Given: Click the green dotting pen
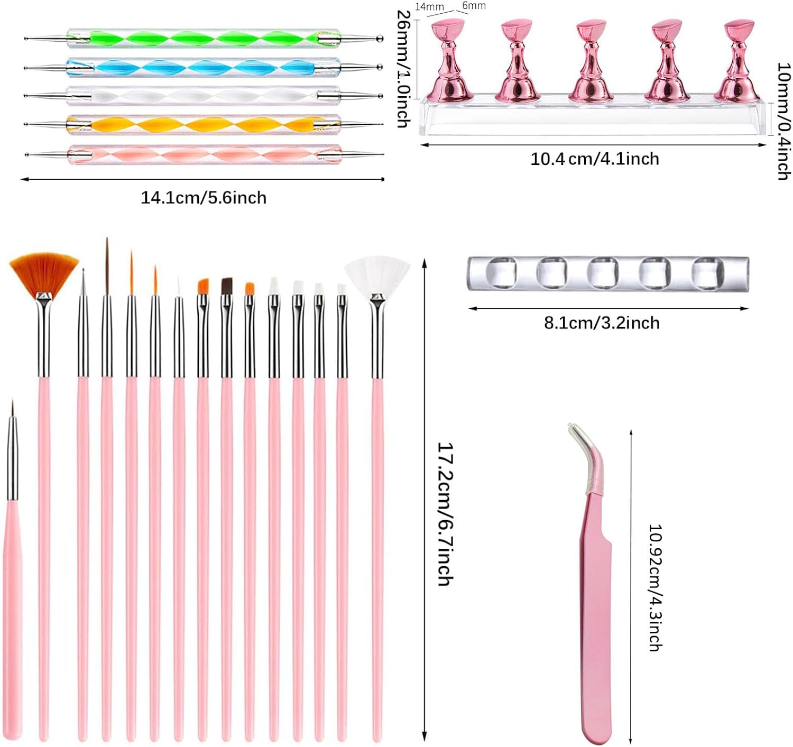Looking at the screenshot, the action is (x=204, y=39).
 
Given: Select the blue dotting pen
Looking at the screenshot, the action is (x=204, y=67).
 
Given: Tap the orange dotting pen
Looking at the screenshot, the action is (x=204, y=125).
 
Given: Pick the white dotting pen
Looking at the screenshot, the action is (x=204, y=96).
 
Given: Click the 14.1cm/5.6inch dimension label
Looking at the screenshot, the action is (x=204, y=198).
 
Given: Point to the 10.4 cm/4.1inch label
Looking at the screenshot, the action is (x=595, y=159).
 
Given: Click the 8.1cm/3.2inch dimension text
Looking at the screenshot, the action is (x=602, y=323).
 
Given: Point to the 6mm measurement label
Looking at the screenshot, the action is (x=474, y=6).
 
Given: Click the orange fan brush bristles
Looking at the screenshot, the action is (x=44, y=272).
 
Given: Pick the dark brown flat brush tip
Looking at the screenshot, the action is (x=227, y=285).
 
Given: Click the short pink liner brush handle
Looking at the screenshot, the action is (x=12, y=619).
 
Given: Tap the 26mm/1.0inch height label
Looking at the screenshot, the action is (x=403, y=69).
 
